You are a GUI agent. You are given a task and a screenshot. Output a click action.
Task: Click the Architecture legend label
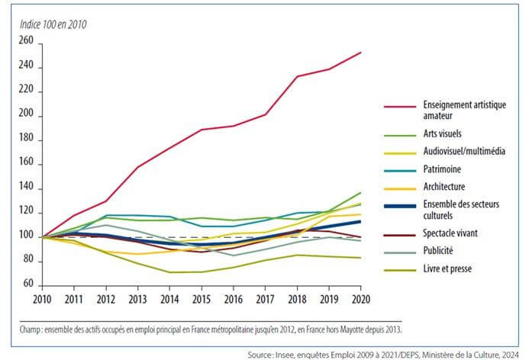[x=447, y=187]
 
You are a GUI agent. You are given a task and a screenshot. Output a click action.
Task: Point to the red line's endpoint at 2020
[x=360, y=53]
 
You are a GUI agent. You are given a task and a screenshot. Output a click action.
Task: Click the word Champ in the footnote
[x=31, y=329]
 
